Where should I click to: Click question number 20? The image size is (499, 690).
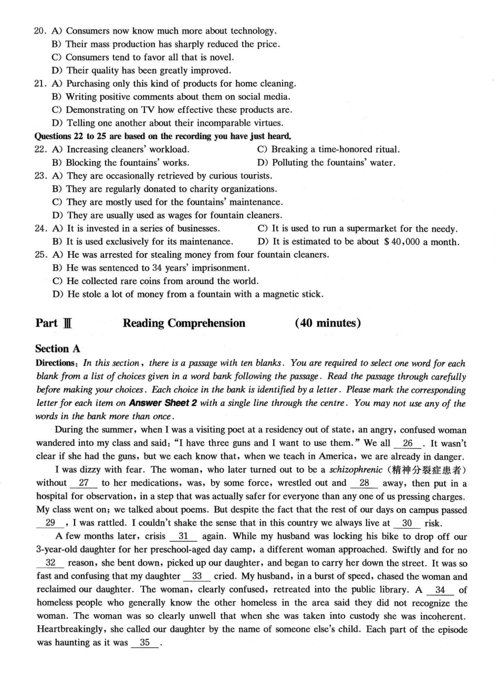coord(40,31)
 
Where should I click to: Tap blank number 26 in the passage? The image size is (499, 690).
coord(408,443)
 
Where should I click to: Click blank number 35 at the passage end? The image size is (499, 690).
coord(145,642)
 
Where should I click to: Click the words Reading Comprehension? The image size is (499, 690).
coord(184,323)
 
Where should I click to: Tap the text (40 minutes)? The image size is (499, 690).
coord(328,323)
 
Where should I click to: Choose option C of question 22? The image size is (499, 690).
coord(329,149)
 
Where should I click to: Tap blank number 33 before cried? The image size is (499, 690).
coord(197,576)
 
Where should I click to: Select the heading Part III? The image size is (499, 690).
coord(54,323)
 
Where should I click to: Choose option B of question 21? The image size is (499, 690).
coord(171,97)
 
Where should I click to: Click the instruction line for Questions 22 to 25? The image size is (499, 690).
coord(163,136)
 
